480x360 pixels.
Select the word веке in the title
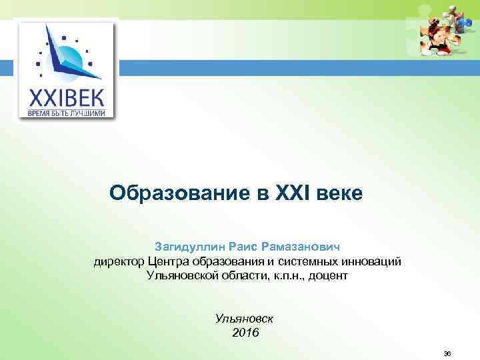[340, 193]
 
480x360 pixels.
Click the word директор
[119, 261]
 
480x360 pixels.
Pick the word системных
[313, 261]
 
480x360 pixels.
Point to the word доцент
[327, 275]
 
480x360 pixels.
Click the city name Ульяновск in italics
[245, 319]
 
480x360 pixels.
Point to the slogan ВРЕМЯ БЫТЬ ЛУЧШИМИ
[66, 113]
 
